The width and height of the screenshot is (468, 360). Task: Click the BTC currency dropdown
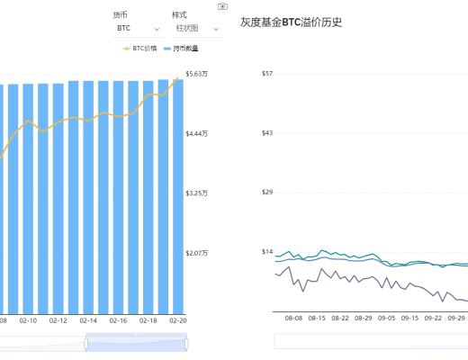(137, 29)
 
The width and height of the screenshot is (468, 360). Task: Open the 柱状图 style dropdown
(196, 29)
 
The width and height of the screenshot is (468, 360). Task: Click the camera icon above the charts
(222, 6)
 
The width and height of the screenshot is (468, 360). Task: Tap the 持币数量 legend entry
(182, 48)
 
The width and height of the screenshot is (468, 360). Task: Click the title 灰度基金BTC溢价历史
(292, 22)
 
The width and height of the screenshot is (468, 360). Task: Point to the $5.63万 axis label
(196, 74)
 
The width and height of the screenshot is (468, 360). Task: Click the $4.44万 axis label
(196, 133)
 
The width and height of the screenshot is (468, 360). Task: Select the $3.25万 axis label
(196, 193)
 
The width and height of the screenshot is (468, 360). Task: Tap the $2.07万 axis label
(196, 253)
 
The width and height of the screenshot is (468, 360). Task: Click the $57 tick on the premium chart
(266, 73)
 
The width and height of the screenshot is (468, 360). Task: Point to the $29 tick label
(266, 192)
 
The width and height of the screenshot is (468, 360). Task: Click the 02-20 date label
(177, 319)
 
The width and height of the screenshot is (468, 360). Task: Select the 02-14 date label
(88, 319)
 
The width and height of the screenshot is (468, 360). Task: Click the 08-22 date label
(340, 318)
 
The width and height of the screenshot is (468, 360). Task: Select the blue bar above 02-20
(177, 198)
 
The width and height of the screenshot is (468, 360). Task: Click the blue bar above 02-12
(58, 198)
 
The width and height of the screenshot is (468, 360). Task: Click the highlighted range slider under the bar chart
(136, 342)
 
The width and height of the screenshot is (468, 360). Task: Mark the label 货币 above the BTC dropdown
(120, 15)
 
